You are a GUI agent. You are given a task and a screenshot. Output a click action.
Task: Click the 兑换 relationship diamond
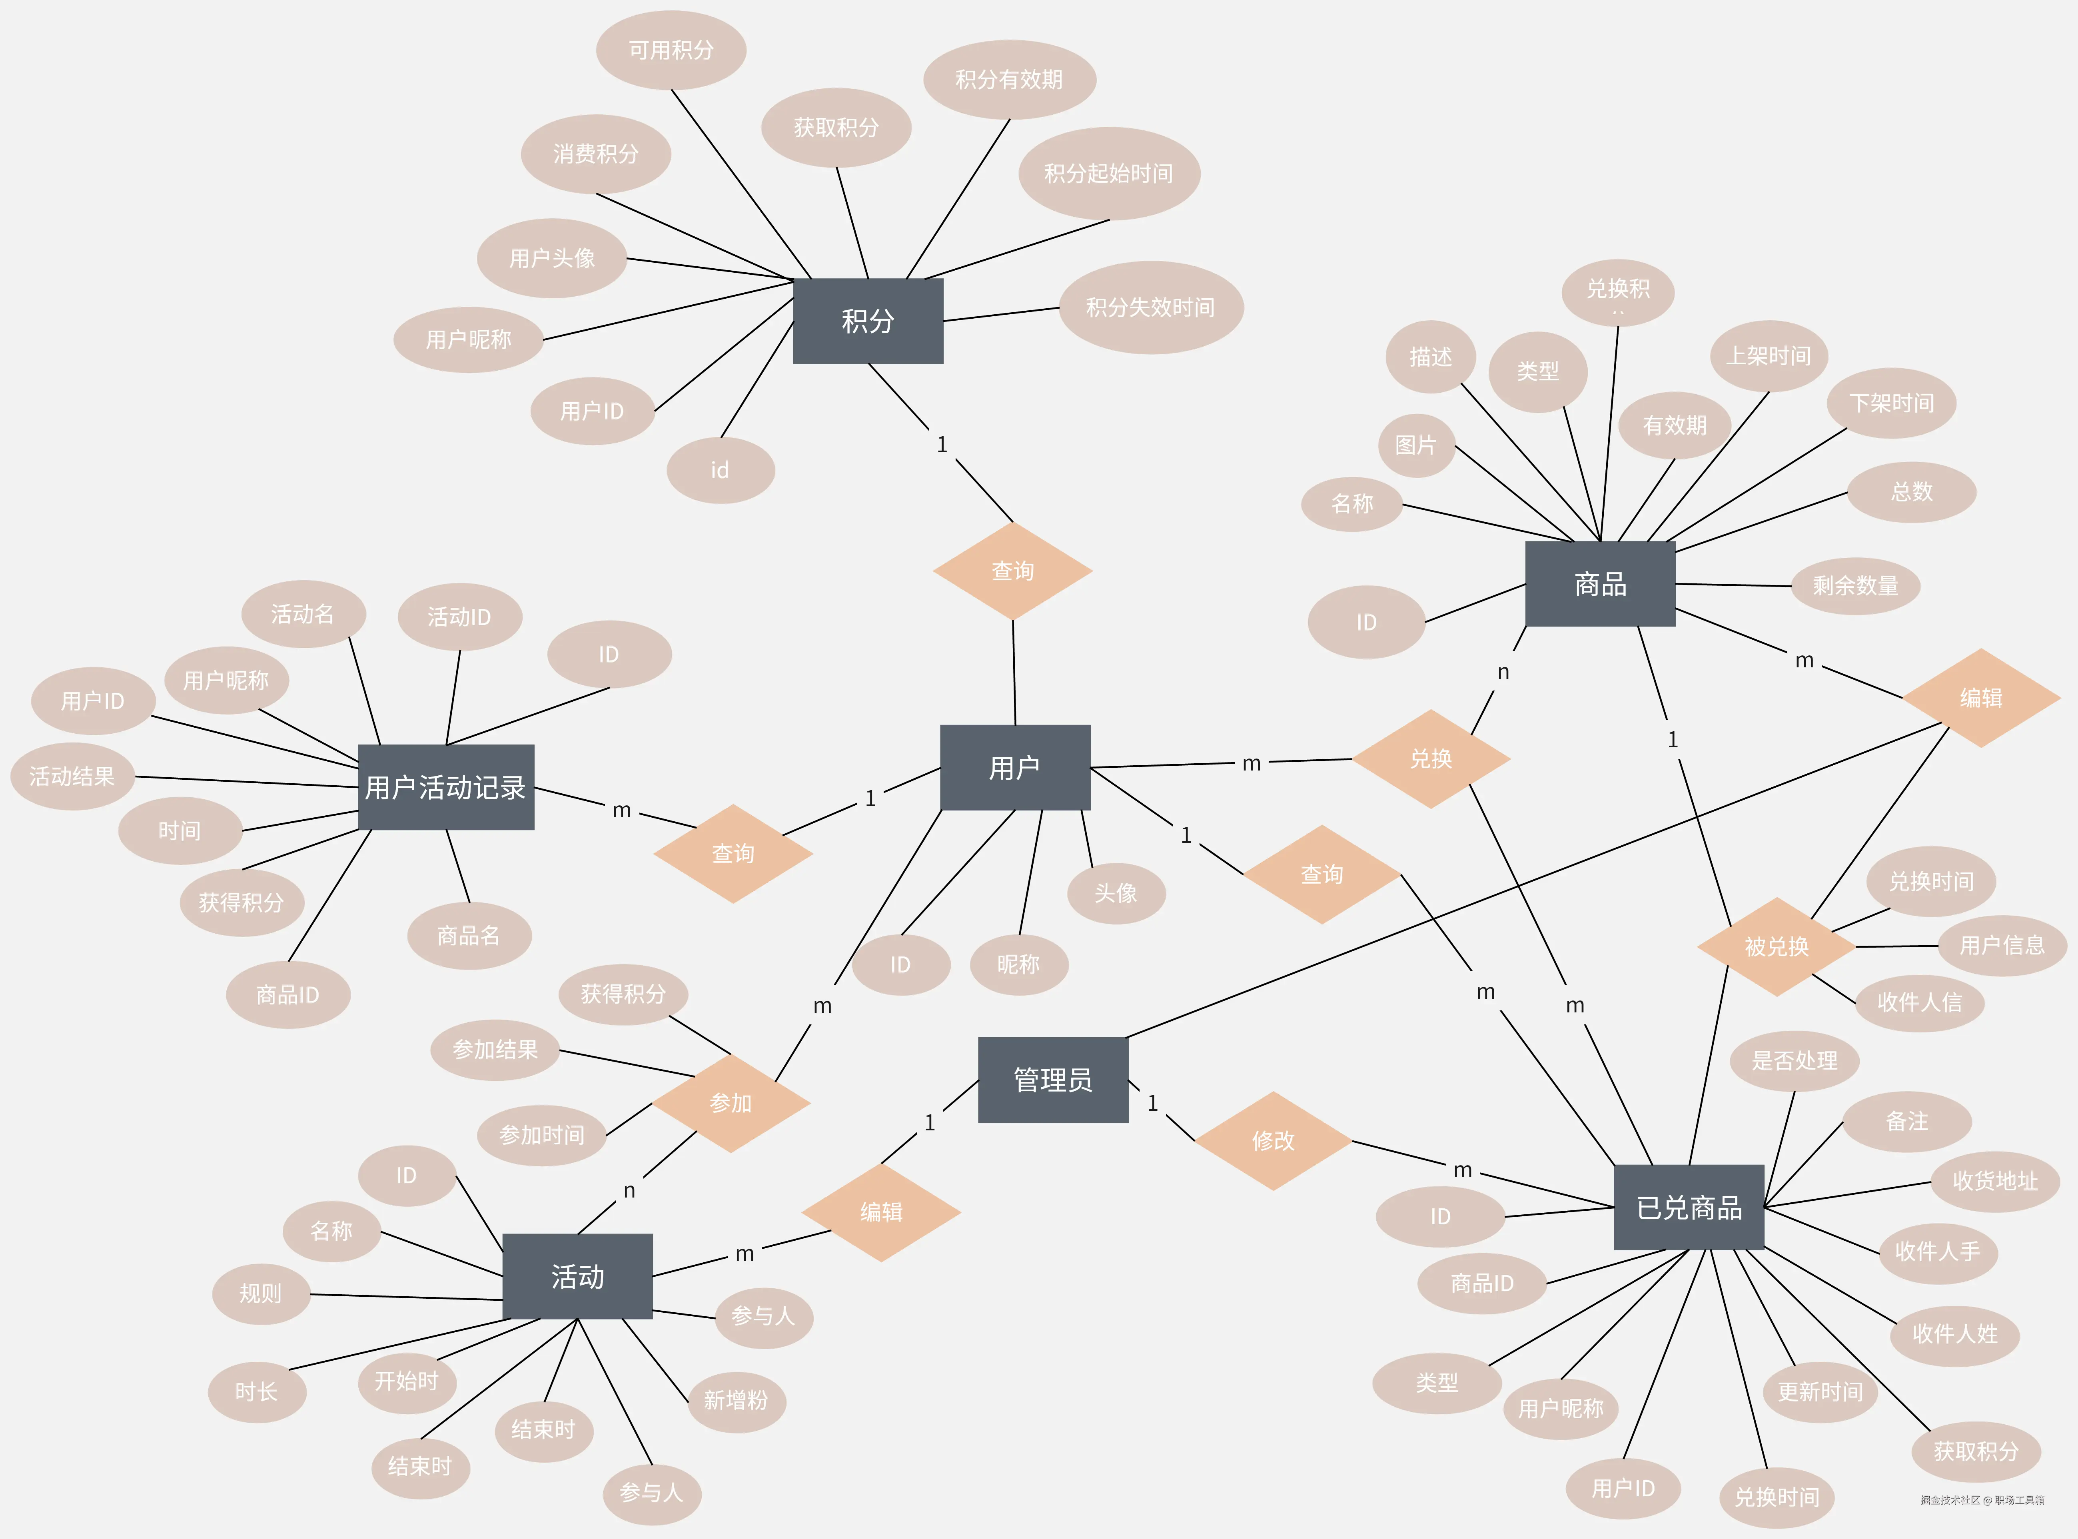pos(1431,759)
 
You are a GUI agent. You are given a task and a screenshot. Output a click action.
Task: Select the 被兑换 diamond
pos(1776,946)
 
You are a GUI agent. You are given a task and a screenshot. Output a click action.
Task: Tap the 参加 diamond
pos(730,1103)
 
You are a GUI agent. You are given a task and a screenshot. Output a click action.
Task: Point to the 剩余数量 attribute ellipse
pos(1855,585)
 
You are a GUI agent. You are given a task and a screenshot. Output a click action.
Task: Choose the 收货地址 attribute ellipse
pos(1994,1181)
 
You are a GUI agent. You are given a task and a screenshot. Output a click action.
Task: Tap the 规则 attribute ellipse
pos(261,1293)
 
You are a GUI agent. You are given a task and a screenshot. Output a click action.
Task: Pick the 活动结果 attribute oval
pos(72,776)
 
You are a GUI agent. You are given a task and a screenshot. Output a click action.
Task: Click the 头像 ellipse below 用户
pos(1116,893)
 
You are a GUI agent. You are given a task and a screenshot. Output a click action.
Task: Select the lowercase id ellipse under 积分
pos(720,471)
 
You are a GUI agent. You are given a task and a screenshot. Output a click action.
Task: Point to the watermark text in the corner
pos(1982,1500)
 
